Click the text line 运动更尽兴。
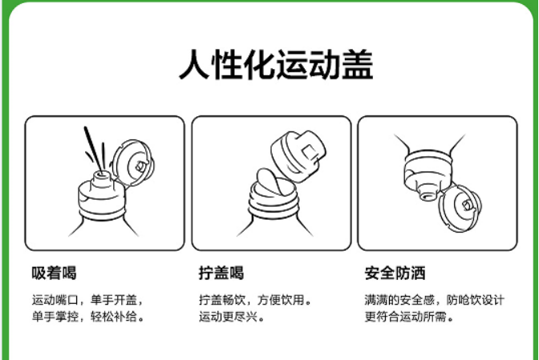[231, 317]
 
